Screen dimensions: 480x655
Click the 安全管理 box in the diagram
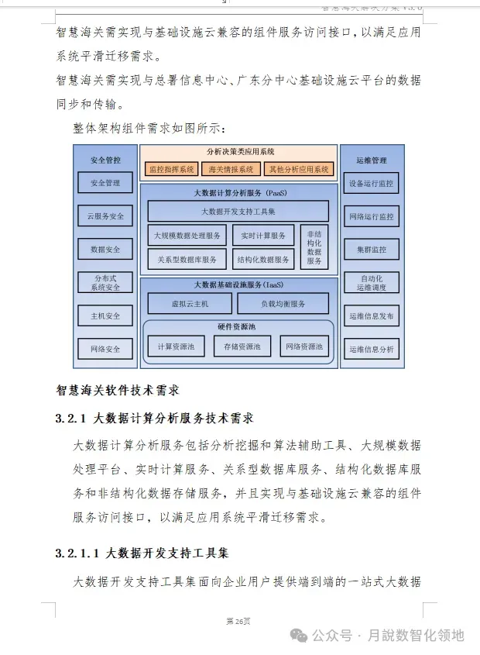(x=105, y=183)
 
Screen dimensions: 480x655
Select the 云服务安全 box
(x=105, y=215)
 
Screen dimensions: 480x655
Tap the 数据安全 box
(x=105, y=249)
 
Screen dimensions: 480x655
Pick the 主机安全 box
(x=105, y=315)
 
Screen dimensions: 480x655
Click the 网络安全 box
(x=105, y=349)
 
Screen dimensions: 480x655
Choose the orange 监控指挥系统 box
(x=172, y=168)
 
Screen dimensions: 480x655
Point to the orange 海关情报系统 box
(x=231, y=168)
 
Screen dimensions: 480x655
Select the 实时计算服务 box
(x=263, y=235)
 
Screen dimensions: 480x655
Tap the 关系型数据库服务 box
(x=187, y=259)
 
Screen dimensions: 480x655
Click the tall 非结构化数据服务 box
(x=314, y=246)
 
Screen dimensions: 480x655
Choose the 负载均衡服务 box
(x=283, y=303)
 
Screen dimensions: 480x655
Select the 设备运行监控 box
(x=371, y=184)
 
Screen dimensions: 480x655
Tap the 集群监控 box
(x=371, y=250)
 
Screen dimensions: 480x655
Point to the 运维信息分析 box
(x=371, y=349)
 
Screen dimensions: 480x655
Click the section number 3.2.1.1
(x=77, y=553)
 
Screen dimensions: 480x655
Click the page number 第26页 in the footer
(x=238, y=621)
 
